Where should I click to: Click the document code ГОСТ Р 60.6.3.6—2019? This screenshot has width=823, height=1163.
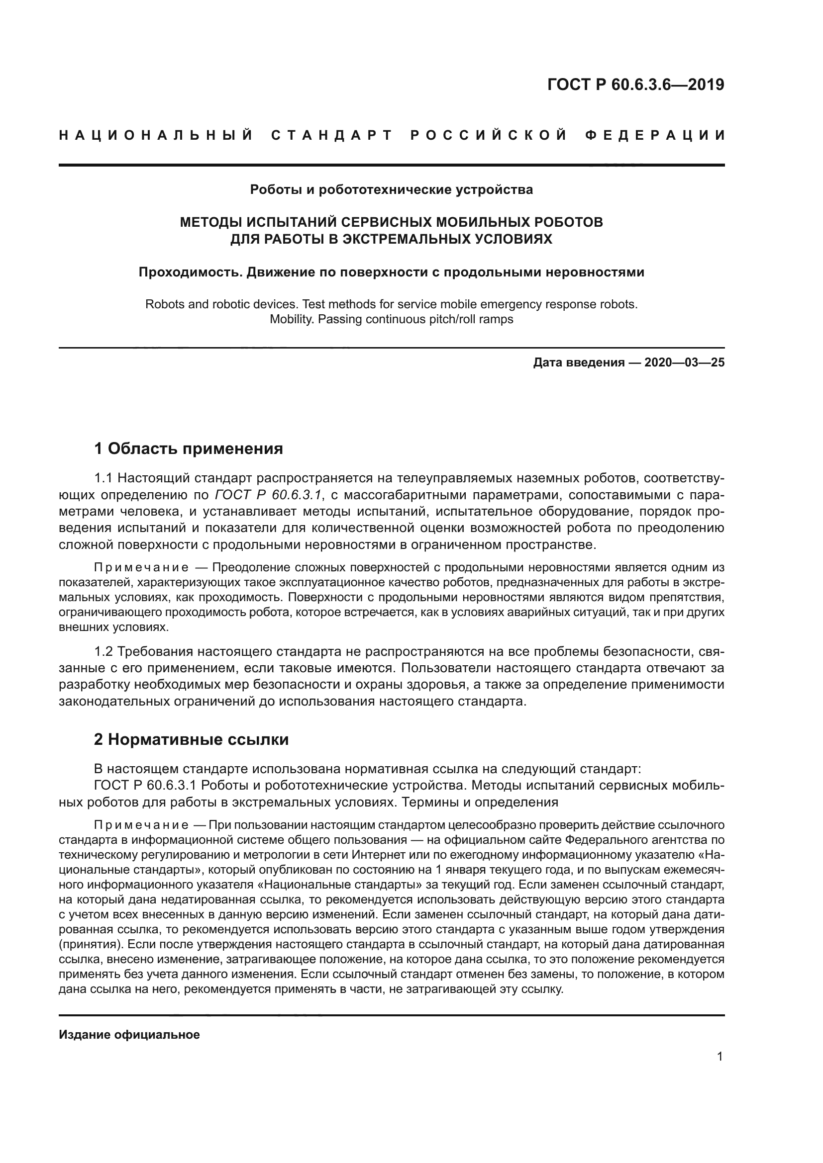pos(635,85)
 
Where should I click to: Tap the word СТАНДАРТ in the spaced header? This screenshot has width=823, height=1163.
pos(332,136)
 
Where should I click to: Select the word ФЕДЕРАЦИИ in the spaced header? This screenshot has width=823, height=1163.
pos(655,136)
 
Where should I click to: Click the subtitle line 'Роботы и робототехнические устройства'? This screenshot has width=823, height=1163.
pos(391,190)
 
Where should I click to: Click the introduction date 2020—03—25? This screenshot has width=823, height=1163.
pos(684,362)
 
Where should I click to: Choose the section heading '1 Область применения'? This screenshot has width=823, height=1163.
pos(189,449)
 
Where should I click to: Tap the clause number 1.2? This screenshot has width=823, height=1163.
pos(105,651)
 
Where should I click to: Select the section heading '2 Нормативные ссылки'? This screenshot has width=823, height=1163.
pos(192,740)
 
